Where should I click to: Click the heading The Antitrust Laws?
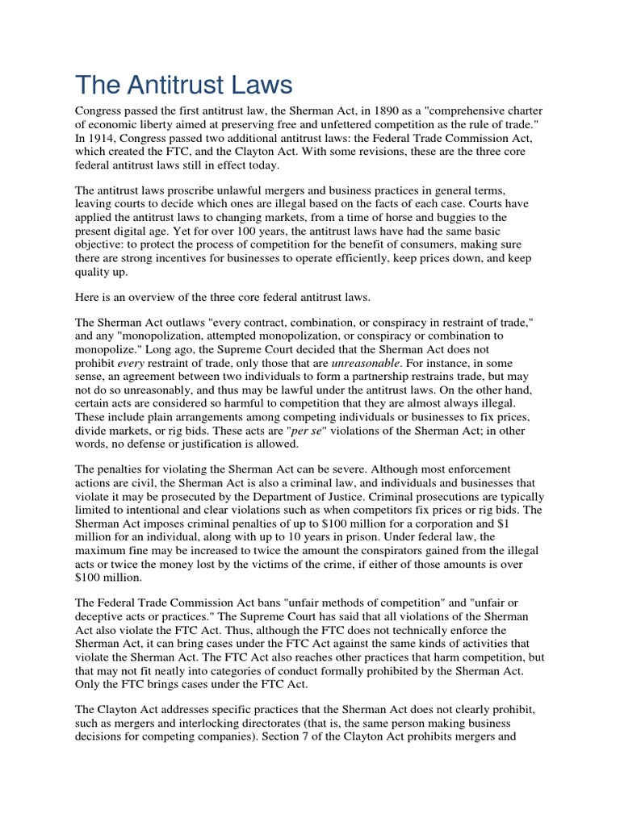[x=184, y=85]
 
